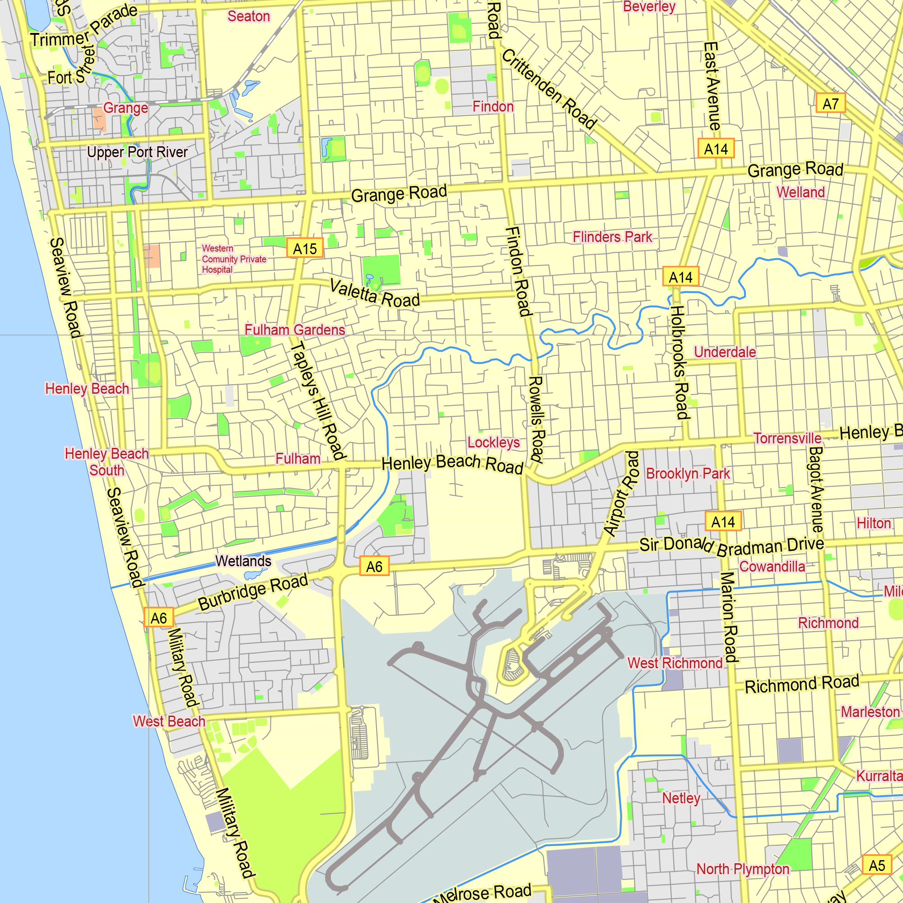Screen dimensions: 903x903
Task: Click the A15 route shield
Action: point(305,249)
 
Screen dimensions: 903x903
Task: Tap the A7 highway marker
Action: point(830,103)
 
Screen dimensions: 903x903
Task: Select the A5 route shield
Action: point(876,865)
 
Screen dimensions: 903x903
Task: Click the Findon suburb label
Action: point(493,107)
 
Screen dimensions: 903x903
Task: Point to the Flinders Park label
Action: point(612,237)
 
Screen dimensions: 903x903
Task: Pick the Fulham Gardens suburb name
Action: point(294,330)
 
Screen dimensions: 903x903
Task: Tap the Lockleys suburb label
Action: point(493,442)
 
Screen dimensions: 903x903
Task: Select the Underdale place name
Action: point(725,352)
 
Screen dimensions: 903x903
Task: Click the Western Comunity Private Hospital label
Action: point(234,259)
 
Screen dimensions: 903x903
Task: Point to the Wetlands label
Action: point(243,561)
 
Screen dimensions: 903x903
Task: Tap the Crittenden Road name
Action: point(549,89)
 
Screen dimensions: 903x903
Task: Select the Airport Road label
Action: point(621,493)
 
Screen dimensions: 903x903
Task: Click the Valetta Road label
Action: point(374,293)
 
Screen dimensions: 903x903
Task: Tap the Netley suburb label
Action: point(681,798)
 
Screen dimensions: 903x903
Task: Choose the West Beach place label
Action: point(169,721)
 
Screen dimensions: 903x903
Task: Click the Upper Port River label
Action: point(137,152)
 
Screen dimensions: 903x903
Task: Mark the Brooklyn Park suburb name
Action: point(688,474)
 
